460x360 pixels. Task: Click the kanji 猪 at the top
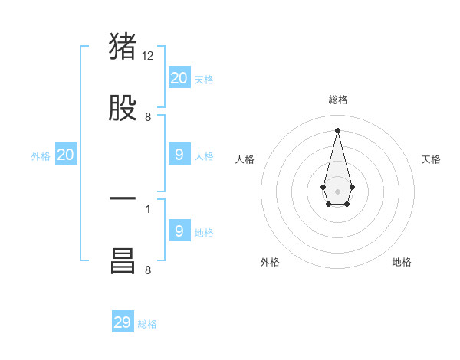[x=123, y=47]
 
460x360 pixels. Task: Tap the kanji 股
[x=123, y=108]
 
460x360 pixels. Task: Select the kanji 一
[x=123, y=198]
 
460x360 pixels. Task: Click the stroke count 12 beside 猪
[x=148, y=56]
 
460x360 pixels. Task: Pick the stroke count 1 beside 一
[x=148, y=208]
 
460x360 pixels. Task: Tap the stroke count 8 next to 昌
[x=147, y=270]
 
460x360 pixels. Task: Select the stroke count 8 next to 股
[x=147, y=117]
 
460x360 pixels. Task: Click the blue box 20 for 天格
[x=179, y=77]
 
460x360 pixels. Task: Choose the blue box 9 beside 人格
[x=179, y=155]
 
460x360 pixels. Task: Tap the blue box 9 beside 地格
[x=179, y=231]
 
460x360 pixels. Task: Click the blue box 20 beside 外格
[x=66, y=155]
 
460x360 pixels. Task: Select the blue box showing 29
[x=123, y=322]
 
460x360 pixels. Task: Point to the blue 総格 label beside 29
[x=147, y=324]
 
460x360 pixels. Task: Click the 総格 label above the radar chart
[x=337, y=100]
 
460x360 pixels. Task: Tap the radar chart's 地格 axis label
[x=402, y=262]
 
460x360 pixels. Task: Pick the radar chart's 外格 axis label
[x=270, y=262]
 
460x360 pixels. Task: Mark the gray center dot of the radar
[x=337, y=190]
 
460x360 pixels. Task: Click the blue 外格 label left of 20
[x=41, y=156]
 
